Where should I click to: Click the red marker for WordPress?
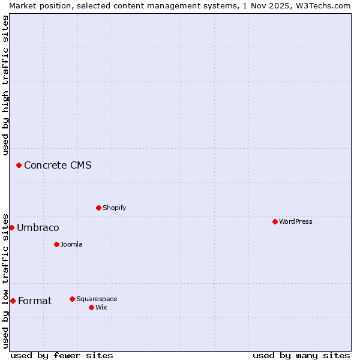(275, 221)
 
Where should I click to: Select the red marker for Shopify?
(98, 208)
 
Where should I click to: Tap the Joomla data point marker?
(56, 244)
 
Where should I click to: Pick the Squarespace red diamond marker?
(72, 299)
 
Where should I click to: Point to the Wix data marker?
(91, 307)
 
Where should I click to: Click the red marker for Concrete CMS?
(19, 165)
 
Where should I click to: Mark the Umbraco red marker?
(11, 227)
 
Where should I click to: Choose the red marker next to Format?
(13, 301)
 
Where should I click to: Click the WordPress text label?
(296, 221)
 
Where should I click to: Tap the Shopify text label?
(114, 208)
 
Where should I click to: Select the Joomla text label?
(71, 244)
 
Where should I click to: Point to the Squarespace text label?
(97, 299)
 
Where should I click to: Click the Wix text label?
(101, 307)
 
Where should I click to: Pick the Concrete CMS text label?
(58, 165)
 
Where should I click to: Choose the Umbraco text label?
(38, 227)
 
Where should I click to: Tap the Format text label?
(35, 301)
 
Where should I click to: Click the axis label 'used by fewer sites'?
(62, 355)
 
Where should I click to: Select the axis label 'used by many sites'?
(301, 355)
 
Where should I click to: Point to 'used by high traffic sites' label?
(5, 85)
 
